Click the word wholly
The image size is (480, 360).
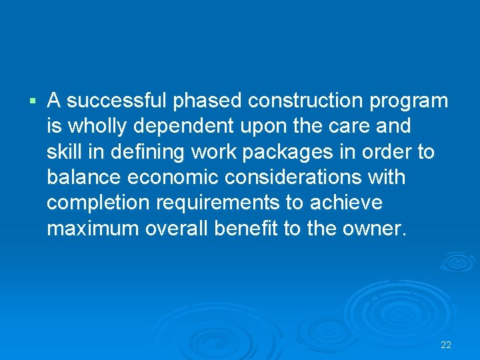coord(91,127)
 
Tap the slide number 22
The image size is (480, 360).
coord(446,345)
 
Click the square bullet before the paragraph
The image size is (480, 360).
coord(32,101)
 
